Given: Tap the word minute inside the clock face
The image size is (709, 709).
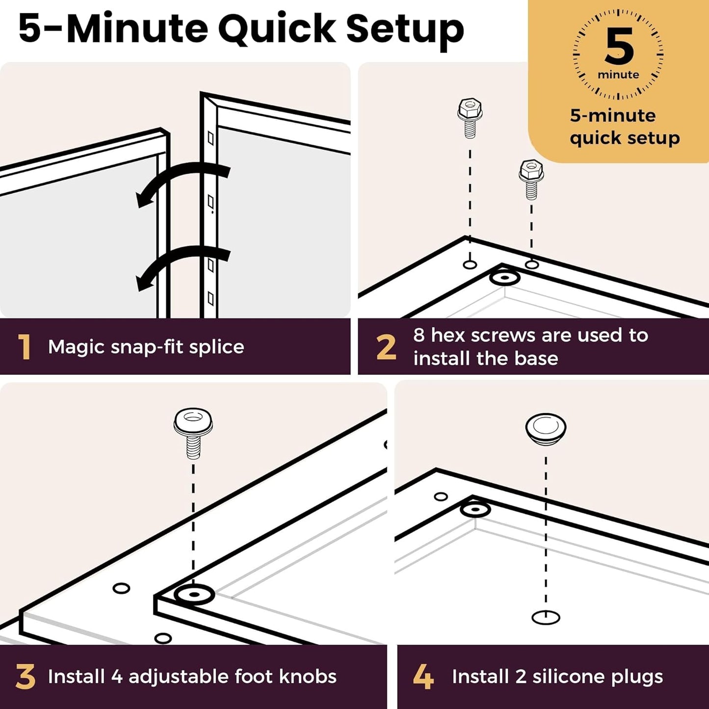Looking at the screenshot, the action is click(x=618, y=75).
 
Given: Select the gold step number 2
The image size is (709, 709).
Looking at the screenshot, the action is click(x=386, y=346).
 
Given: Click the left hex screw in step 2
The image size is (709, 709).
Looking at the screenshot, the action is click(x=470, y=118).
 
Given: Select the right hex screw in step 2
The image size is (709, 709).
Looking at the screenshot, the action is click(x=531, y=180).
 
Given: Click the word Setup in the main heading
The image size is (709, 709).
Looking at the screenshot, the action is click(x=405, y=30).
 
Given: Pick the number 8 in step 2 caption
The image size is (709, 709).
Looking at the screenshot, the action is click(x=419, y=335).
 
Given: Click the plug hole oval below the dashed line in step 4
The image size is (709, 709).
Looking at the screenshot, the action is click(x=546, y=617).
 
